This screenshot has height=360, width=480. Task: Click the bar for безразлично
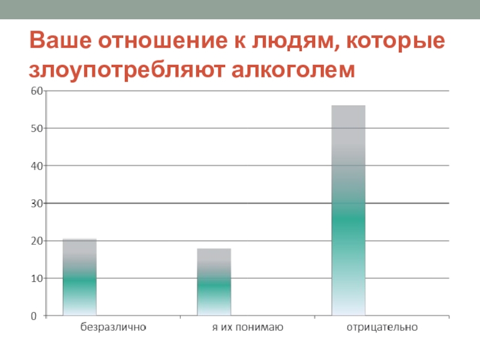pos(79,277)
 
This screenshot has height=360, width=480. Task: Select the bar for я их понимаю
pos(214,282)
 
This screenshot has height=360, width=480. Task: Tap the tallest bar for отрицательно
pos(348,211)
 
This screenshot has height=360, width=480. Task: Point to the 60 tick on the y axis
pos(35,91)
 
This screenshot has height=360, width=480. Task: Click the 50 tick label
pos(35,128)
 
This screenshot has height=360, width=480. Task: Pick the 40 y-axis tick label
pos(35,166)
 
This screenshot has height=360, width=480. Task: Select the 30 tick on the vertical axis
pos(35,203)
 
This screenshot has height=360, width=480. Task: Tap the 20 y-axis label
pos(35,241)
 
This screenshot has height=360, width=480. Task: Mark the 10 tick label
pos(35,278)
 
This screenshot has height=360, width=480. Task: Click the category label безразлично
pos(113,328)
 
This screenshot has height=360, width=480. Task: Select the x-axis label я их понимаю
pos(248,328)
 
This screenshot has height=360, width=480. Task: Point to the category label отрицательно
pos(382,328)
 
